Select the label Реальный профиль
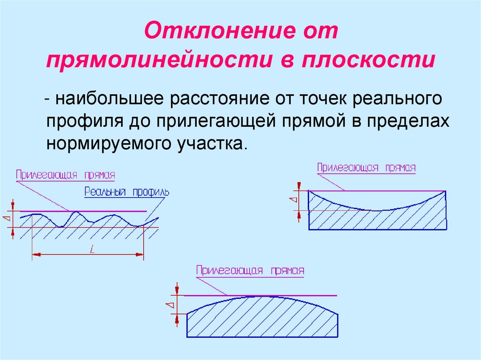(127, 191)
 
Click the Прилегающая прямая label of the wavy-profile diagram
(65, 175)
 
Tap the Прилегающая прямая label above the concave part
(366, 168)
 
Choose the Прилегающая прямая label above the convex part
(250, 271)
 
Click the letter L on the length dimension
(92, 250)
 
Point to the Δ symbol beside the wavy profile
(6, 219)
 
